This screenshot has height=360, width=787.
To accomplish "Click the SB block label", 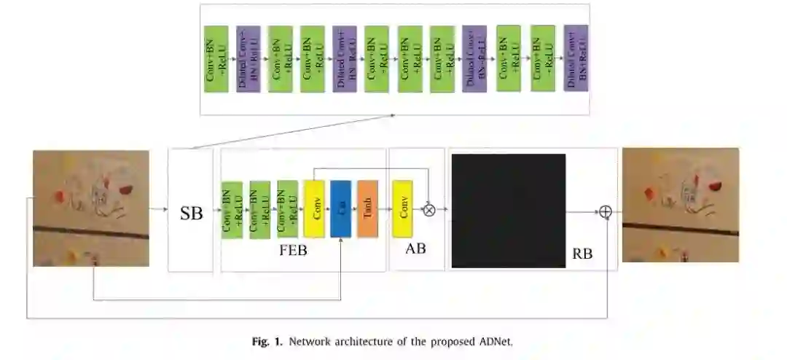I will click(x=191, y=214).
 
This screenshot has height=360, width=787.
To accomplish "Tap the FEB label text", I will click(x=293, y=251).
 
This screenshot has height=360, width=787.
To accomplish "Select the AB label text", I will click(x=415, y=248).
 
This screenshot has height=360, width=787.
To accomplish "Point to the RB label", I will click(x=582, y=254).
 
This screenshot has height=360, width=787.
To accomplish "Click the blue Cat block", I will click(x=341, y=209).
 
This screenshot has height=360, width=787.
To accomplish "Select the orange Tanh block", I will click(x=368, y=209).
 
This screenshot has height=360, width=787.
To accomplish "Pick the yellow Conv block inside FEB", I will click(x=314, y=209).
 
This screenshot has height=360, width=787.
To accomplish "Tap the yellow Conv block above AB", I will click(x=402, y=209).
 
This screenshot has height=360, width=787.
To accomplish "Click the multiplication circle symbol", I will click(x=429, y=209).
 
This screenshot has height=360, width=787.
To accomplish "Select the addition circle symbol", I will click(x=605, y=212).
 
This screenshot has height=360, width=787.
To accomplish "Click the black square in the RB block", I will click(x=509, y=211).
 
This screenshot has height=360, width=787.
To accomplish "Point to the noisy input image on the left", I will click(x=91, y=208).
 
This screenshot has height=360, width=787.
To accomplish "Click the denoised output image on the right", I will click(x=681, y=206).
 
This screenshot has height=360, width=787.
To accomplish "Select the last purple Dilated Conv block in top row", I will click(x=576, y=58).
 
